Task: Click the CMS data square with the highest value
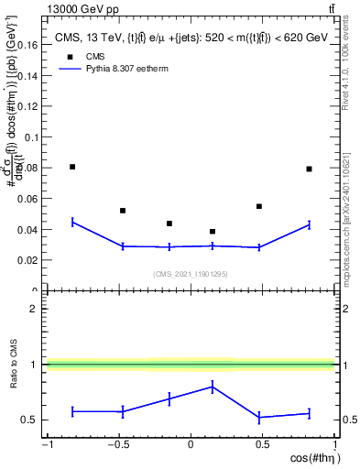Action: point(72,167)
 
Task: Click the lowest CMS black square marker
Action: point(213,232)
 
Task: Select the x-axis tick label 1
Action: point(333,445)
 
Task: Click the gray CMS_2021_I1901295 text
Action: point(191,275)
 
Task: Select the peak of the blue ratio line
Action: point(213,387)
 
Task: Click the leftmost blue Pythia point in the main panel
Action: point(72,222)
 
